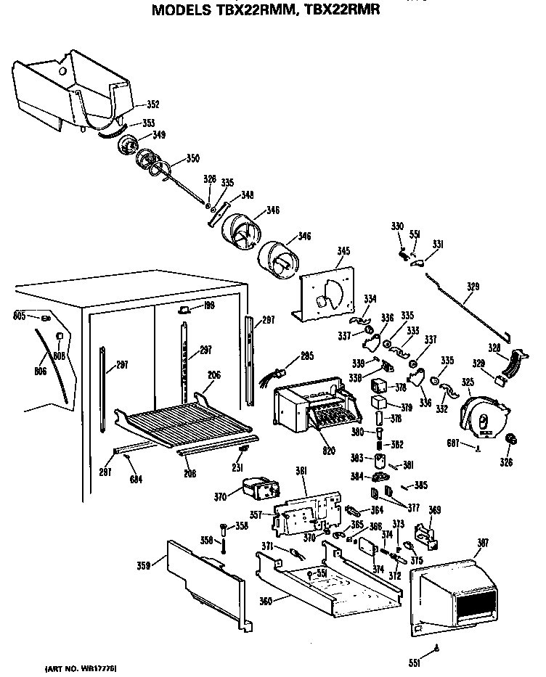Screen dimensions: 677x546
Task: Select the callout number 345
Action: (343, 252)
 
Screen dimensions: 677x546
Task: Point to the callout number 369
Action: (434, 510)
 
